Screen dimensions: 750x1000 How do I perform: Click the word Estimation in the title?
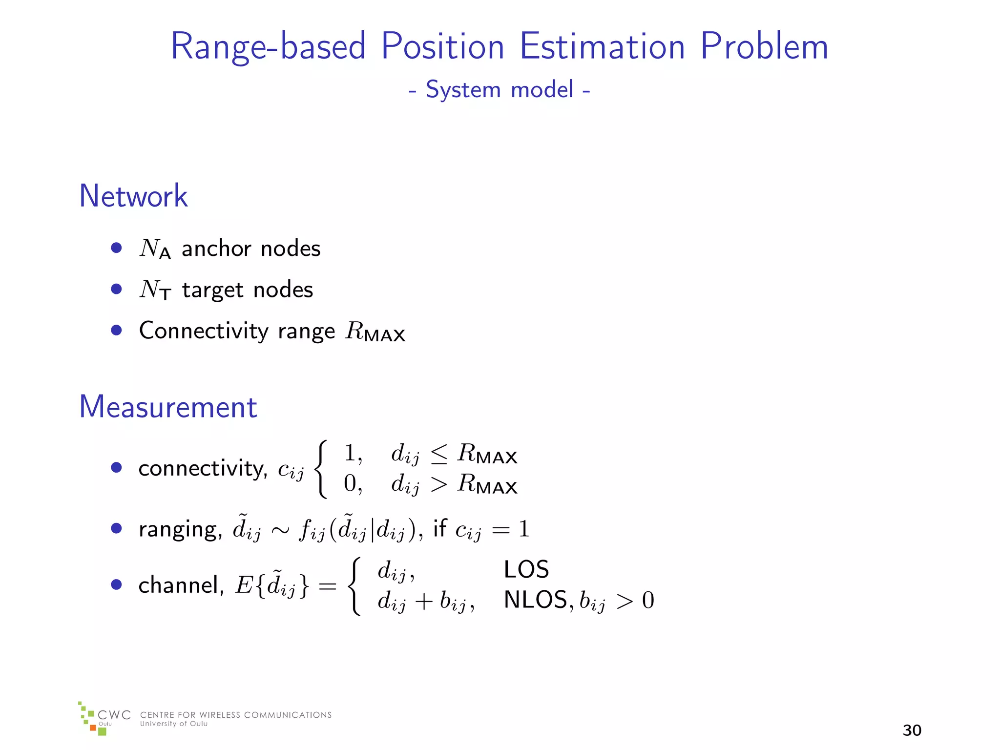(x=602, y=46)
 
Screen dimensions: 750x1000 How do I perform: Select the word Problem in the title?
(x=764, y=46)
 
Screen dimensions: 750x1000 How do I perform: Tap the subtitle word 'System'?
(x=463, y=90)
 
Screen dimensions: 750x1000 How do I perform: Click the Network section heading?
(x=133, y=196)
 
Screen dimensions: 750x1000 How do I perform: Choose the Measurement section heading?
(x=168, y=407)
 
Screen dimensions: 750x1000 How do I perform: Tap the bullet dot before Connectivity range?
(x=116, y=331)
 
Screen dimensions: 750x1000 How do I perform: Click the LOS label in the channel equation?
(x=526, y=570)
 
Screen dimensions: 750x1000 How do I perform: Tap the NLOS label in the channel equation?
(x=535, y=600)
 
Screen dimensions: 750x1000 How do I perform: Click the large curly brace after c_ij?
(x=320, y=469)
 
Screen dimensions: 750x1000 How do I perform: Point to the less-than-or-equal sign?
(x=438, y=455)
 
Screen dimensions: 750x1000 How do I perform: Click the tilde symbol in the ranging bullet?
(x=242, y=516)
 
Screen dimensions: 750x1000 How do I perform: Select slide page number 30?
(x=912, y=730)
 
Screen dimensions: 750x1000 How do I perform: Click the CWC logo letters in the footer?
(x=114, y=715)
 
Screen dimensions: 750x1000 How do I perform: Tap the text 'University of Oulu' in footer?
(x=173, y=724)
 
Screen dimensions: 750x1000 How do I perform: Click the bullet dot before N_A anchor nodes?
(x=116, y=248)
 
